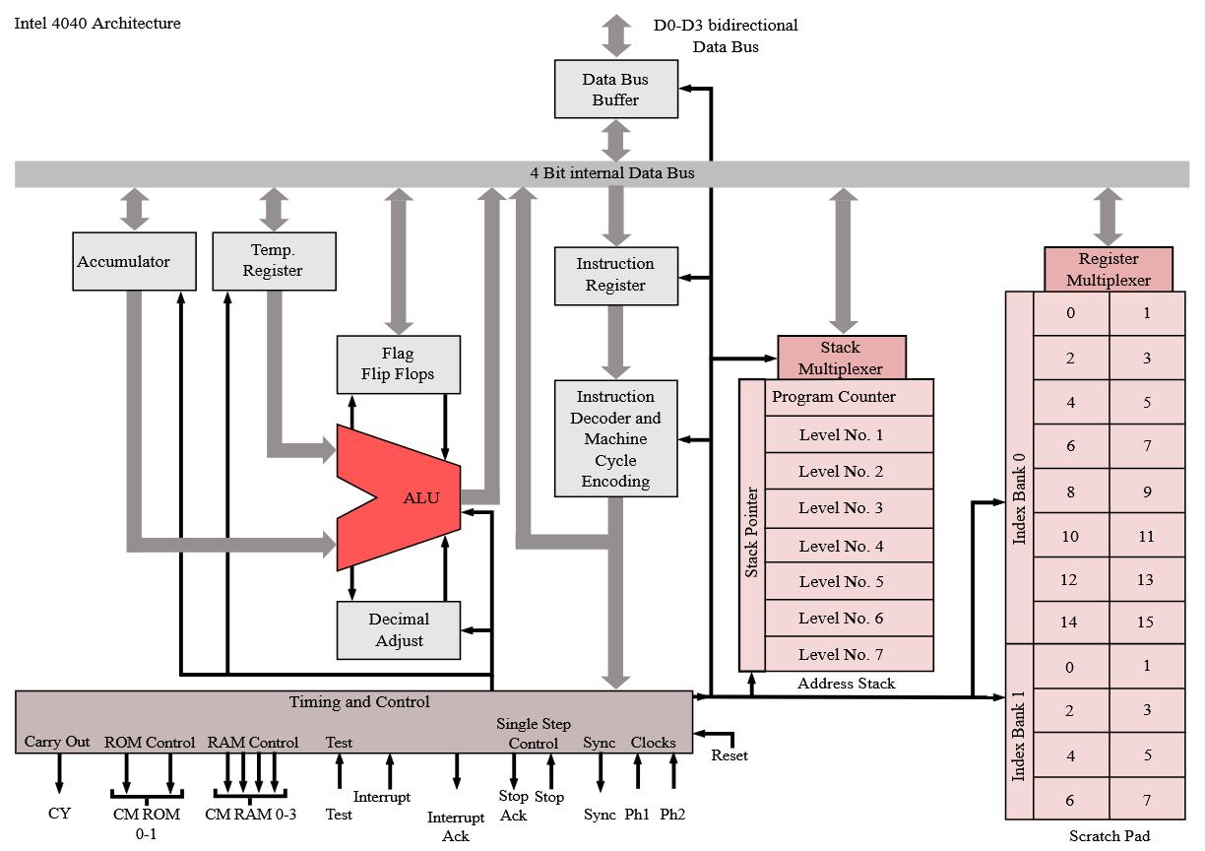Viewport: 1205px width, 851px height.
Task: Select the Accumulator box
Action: coord(123,261)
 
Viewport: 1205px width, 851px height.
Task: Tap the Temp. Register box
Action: coord(274,261)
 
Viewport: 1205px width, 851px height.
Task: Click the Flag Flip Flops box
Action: coord(399,364)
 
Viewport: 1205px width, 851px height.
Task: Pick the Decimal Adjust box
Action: coord(399,629)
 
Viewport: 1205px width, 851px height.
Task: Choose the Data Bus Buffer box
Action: coord(616,89)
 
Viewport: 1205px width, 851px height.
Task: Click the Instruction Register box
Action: coord(615,275)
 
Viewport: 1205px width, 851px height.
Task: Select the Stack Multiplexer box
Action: coord(841,358)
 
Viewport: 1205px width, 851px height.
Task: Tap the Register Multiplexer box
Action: coord(1109,269)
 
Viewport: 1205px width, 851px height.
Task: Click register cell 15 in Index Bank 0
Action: coord(1146,622)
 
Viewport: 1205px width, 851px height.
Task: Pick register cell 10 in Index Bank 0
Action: coord(1070,537)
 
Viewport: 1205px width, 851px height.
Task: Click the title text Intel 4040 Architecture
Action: coord(97,23)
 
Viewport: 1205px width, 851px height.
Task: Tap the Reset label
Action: coord(729,755)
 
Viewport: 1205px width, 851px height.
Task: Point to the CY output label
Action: coord(59,814)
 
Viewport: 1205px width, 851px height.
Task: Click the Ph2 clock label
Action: coord(673,815)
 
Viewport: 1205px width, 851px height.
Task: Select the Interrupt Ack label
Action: coord(456,826)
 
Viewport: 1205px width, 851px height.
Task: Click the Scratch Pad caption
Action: coord(1110,836)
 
